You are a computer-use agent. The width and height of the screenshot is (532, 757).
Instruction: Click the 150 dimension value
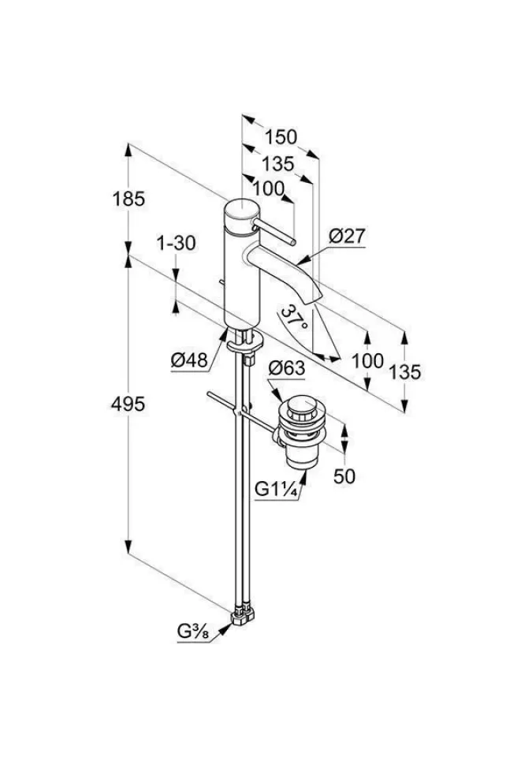click(281, 136)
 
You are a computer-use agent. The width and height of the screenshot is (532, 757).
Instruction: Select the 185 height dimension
click(129, 200)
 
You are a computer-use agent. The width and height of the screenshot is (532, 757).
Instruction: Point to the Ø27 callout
click(347, 236)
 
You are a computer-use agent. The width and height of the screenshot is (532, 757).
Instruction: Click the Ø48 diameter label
click(189, 360)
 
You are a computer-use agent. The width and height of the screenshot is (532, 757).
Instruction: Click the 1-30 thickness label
click(175, 244)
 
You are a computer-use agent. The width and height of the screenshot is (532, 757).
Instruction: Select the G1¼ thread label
click(275, 489)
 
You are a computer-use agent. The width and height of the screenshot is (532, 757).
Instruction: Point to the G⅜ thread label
click(192, 632)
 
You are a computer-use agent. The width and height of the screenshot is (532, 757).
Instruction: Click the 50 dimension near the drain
click(345, 476)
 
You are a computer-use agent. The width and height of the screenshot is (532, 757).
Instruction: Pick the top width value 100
click(269, 188)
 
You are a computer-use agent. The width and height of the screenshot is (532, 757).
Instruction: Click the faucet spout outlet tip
click(317, 296)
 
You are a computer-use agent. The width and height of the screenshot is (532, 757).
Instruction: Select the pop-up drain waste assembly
click(300, 431)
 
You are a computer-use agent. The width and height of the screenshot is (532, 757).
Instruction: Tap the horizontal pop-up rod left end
click(208, 395)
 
